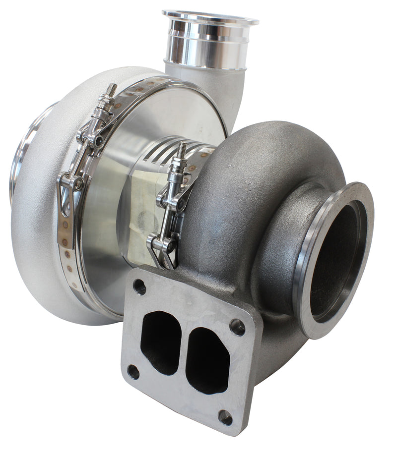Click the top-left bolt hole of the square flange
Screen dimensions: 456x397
(139, 286)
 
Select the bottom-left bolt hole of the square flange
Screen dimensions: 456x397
(133, 371)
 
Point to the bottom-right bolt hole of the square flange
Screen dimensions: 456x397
(225, 417)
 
